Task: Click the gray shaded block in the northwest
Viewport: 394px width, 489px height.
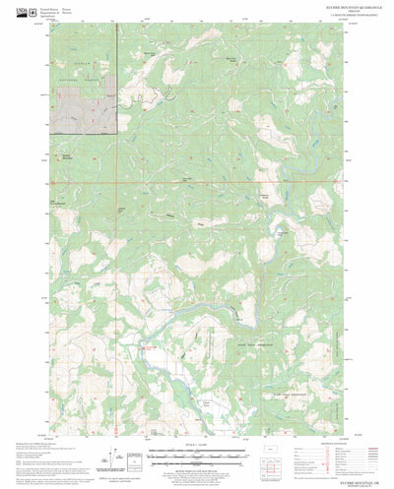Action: coord(86,107)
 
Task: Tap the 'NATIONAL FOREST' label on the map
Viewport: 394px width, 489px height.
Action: coord(75,72)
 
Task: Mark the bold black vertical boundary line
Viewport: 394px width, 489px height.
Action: coord(119,79)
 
